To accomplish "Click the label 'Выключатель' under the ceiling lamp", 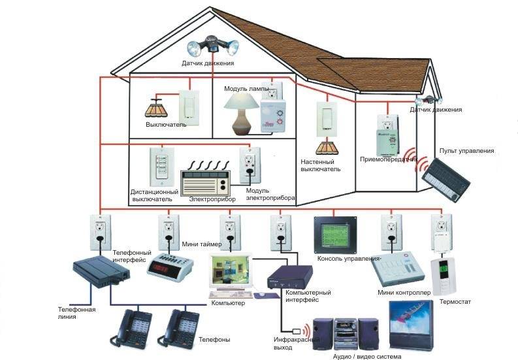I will point(166,124).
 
